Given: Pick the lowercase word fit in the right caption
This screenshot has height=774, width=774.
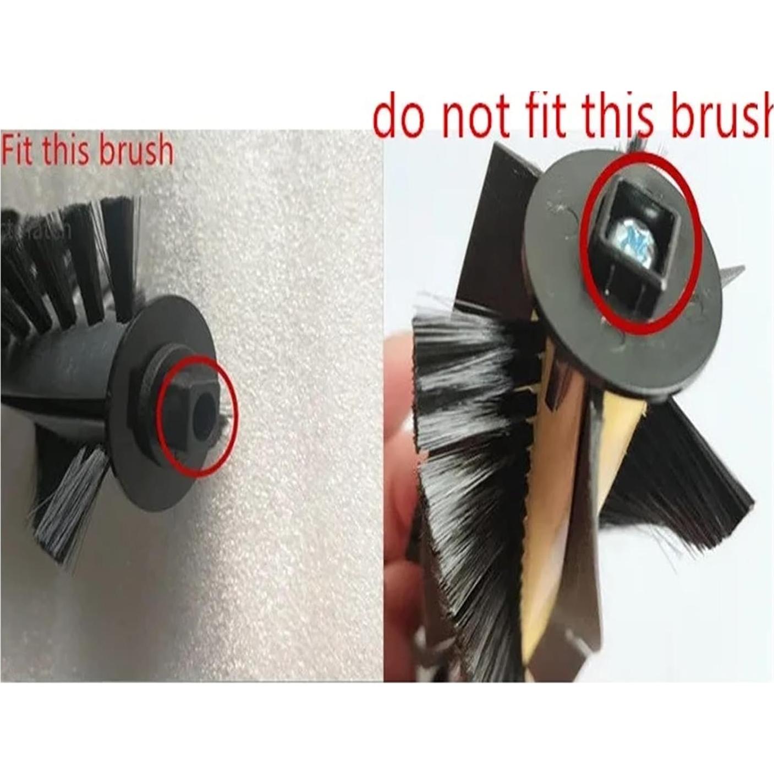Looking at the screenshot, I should click(x=550, y=117).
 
